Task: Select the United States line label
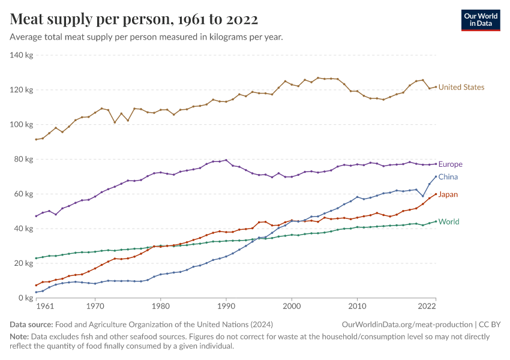(461, 88)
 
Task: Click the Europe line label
(450, 164)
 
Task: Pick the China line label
(448, 177)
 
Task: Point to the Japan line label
(449, 194)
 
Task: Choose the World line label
(449, 222)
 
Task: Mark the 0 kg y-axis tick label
(25, 298)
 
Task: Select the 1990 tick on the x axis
(226, 307)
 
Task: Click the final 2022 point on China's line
(436, 176)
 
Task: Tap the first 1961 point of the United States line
(36, 139)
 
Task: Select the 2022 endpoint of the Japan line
(436, 194)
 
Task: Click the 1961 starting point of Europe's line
(36, 216)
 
